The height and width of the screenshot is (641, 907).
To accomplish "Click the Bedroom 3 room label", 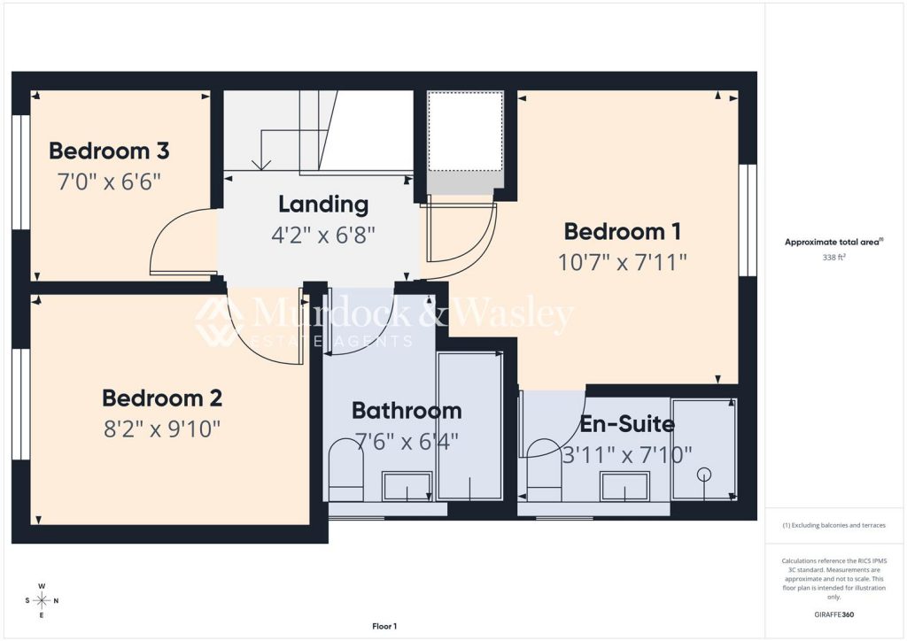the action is pyautogui.click(x=109, y=151).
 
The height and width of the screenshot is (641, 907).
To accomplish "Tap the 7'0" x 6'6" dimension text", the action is pyautogui.click(x=109, y=182).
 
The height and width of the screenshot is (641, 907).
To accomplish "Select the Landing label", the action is pyautogui.click(x=323, y=204).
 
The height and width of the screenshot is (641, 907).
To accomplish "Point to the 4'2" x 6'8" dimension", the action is pyautogui.click(x=323, y=236).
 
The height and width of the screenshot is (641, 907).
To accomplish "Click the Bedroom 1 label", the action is pyautogui.click(x=623, y=232).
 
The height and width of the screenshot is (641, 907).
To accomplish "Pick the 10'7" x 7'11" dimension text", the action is pyautogui.click(x=623, y=263).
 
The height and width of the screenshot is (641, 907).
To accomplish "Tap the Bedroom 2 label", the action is pyautogui.click(x=162, y=398).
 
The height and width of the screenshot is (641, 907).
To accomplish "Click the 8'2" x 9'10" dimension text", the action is pyautogui.click(x=162, y=429).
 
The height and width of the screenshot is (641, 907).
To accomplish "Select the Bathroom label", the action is pyautogui.click(x=407, y=411).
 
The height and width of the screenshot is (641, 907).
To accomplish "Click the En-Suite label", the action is pyautogui.click(x=627, y=424).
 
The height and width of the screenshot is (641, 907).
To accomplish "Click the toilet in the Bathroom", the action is pyautogui.click(x=346, y=469).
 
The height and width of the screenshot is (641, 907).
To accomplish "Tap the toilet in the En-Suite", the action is pyautogui.click(x=545, y=469).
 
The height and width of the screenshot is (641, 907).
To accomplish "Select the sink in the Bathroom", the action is pyautogui.click(x=407, y=485).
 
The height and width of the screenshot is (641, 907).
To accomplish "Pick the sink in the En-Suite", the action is pyautogui.click(x=624, y=485).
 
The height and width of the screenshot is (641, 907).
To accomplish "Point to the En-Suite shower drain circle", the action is pyautogui.click(x=704, y=475).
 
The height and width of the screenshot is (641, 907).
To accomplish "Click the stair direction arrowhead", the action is pyautogui.click(x=261, y=165).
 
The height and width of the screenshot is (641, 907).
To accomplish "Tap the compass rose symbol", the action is pyautogui.click(x=42, y=600).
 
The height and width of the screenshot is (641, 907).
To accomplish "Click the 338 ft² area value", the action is pyautogui.click(x=833, y=258).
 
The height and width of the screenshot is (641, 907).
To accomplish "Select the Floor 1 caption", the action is pyautogui.click(x=384, y=626).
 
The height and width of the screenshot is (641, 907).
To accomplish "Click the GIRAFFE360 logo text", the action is pyautogui.click(x=833, y=614).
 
